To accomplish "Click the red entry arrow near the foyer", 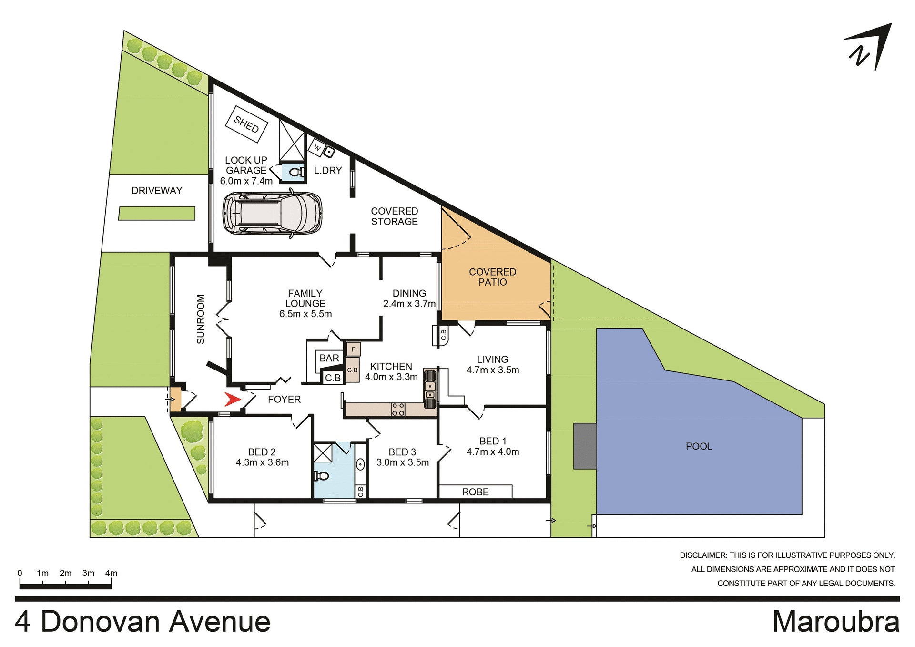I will [x=233, y=399].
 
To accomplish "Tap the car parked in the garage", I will [x=272, y=213].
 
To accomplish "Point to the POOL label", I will [x=699, y=446].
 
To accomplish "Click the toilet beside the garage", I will [x=296, y=172].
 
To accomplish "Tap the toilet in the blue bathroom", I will [x=322, y=476].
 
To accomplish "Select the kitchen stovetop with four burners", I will [x=398, y=410].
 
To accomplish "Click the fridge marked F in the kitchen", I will [x=353, y=349].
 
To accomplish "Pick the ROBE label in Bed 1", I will [x=475, y=492].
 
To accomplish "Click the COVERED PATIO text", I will [x=492, y=277].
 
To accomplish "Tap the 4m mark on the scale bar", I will [x=111, y=574].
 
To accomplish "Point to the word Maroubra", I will [x=836, y=622].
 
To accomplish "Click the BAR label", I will [x=329, y=358].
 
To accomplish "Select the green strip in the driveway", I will [x=157, y=213].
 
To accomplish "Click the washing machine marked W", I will [x=317, y=148].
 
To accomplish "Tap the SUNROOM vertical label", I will [x=201, y=319].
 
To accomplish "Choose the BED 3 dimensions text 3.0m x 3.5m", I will [x=403, y=462].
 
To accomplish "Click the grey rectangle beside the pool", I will [x=585, y=446].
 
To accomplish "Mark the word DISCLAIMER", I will [x=703, y=555].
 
